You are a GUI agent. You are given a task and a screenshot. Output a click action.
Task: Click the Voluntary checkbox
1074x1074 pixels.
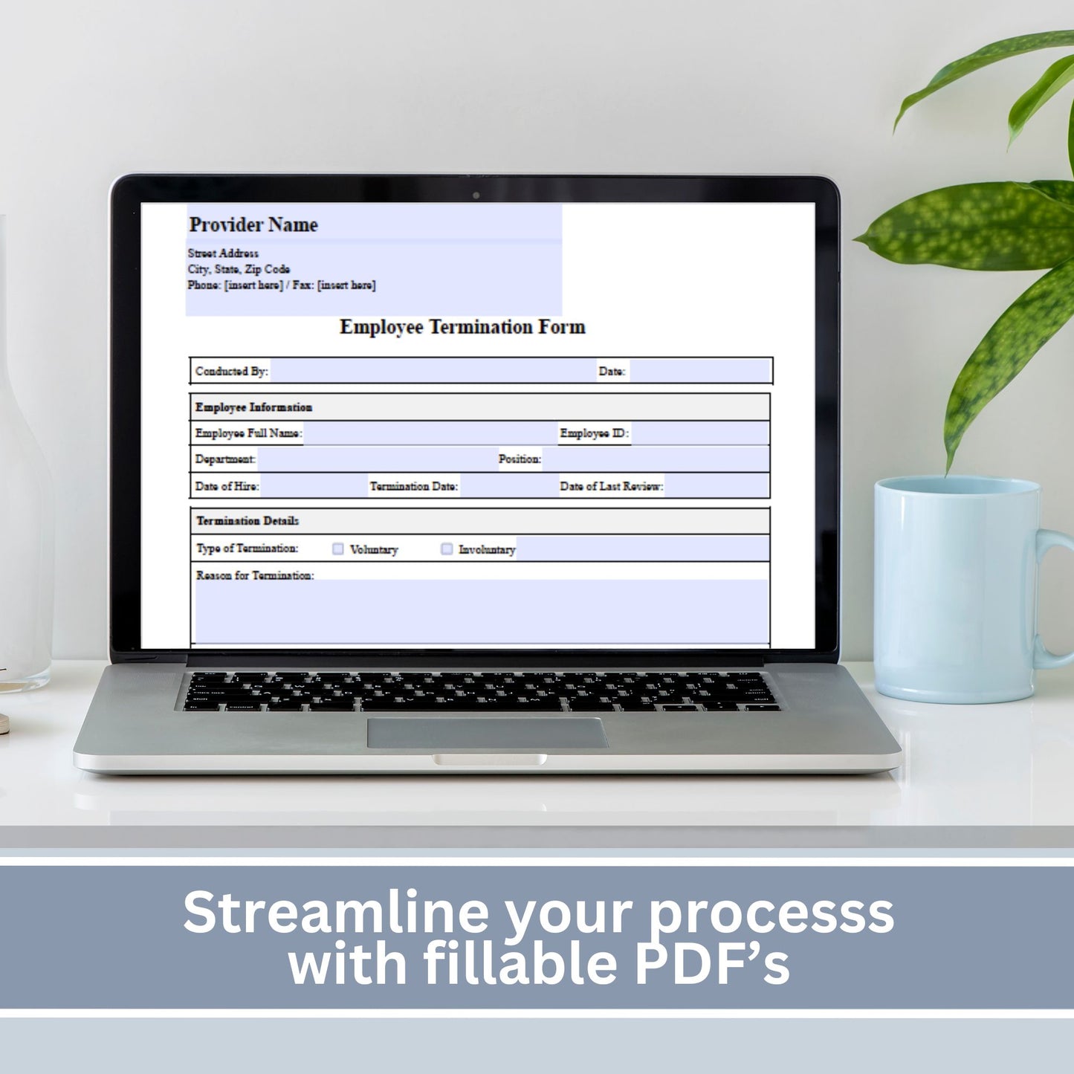click(337, 549)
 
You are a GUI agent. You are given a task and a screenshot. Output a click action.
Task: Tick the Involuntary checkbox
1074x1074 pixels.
click(447, 549)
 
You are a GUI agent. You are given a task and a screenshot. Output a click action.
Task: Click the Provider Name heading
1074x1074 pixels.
click(253, 224)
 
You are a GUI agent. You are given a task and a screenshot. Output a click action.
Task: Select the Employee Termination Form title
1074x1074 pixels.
click(462, 327)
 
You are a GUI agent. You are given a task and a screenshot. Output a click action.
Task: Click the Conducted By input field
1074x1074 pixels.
click(433, 371)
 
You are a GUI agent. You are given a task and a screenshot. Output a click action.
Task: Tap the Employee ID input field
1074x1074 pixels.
click(700, 433)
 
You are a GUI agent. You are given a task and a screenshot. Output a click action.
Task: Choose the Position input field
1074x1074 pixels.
click(656, 459)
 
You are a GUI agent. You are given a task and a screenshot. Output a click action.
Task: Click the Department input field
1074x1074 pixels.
click(377, 459)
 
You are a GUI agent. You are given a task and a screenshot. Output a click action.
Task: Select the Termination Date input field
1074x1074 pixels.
click(508, 486)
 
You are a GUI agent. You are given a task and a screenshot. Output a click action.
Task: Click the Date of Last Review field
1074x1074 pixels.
click(716, 486)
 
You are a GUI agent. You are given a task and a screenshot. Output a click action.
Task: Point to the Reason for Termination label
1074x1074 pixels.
click(255, 575)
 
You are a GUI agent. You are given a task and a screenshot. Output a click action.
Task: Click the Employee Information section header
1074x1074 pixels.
click(253, 407)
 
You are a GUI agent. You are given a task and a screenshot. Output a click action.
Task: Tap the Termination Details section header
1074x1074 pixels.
click(248, 521)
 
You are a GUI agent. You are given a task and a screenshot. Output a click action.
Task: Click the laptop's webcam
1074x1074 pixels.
click(476, 195)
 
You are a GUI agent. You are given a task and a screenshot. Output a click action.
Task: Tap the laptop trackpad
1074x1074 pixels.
click(487, 733)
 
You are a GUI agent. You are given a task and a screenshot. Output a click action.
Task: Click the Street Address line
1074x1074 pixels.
click(223, 253)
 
